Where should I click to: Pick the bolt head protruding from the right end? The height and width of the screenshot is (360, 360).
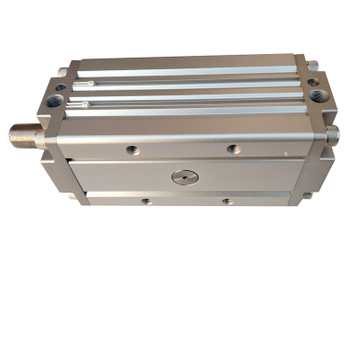333,135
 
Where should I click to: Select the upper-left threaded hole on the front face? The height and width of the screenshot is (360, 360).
132,149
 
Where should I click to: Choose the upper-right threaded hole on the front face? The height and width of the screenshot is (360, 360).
233,148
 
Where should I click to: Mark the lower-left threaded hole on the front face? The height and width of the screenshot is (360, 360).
146,201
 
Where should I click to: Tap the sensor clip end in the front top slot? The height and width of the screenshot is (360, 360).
79,109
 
